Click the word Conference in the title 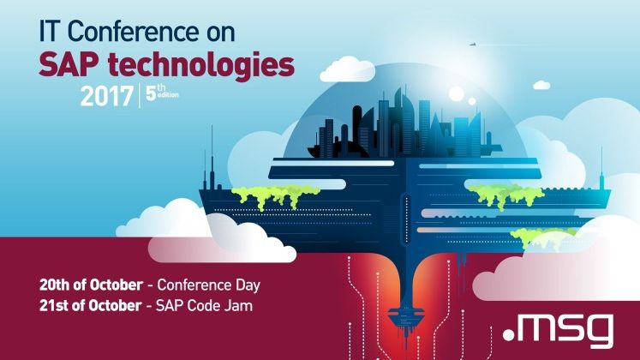(x=129, y=32)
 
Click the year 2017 (x=106, y=96)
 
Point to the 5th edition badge (x=162, y=93)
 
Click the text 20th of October (x=91, y=285)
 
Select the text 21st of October (x=90, y=305)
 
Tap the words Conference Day (x=208, y=285)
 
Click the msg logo (x=558, y=330)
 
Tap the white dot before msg (x=509, y=335)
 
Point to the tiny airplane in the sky (x=472, y=44)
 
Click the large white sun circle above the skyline (x=457, y=94)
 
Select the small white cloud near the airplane (x=541, y=85)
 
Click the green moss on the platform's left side (x=276, y=195)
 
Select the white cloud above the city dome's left (x=347, y=69)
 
